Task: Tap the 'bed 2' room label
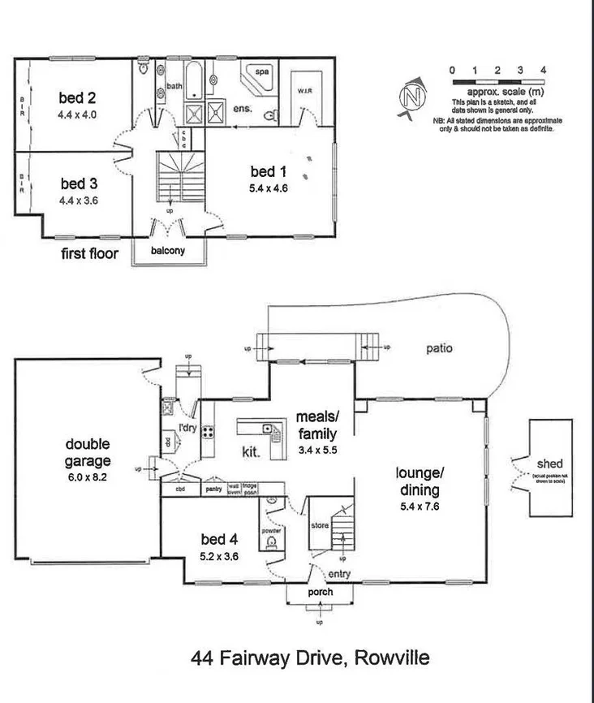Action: click(77, 98)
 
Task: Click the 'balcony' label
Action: click(168, 251)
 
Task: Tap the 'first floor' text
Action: click(90, 254)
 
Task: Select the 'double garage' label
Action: click(88, 453)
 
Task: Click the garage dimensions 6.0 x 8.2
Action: click(88, 478)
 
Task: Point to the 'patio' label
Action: click(439, 349)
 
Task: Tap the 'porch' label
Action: click(320, 593)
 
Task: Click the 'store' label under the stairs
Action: click(319, 525)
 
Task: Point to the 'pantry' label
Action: click(213, 490)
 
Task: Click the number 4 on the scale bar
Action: click(542, 71)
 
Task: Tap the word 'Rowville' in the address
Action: click(390, 657)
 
